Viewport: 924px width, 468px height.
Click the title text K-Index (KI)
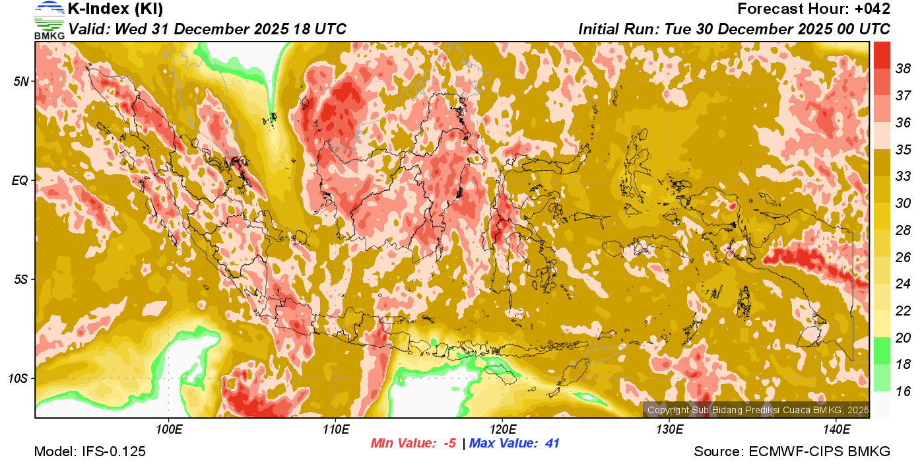115,9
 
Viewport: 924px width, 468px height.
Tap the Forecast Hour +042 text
814,9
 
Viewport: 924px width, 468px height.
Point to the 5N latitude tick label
21,81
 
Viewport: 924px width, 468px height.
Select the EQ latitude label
20,180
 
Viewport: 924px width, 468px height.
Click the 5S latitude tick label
21,279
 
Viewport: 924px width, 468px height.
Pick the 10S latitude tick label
18,379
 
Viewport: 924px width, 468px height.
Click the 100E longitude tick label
169,430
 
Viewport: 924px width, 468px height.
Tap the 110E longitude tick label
336,430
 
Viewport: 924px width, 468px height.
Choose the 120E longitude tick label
503,430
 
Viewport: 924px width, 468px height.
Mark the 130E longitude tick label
669,430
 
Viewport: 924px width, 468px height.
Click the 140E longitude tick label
836,430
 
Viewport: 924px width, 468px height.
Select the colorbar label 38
903,68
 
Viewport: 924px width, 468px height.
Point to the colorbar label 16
903,391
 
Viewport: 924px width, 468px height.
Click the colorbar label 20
903,337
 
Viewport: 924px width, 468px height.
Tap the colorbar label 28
903,230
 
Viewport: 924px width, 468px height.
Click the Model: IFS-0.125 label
90,452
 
